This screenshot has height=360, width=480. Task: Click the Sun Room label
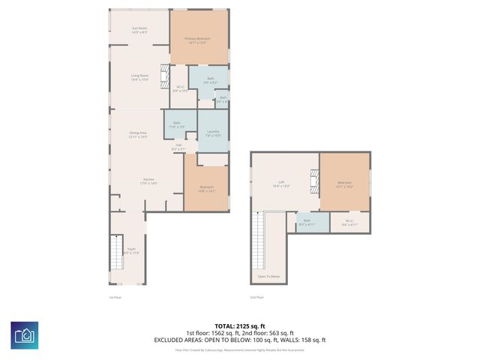pos(139,29)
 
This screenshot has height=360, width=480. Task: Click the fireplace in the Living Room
pos(164,77)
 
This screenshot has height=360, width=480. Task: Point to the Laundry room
pos(213,133)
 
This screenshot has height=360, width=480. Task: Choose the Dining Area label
pos(137,134)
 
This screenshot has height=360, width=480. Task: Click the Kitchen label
pos(150,181)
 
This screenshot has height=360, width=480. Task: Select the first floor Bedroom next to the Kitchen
pos(205,188)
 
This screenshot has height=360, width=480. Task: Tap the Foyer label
pos(130,250)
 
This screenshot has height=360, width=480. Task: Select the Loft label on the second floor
pos(281,184)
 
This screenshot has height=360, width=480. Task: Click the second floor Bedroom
pos(344,184)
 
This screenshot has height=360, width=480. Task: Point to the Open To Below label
pos(268,277)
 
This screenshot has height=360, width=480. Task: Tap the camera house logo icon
pos(25,334)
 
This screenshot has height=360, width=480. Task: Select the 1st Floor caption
pos(115,297)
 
